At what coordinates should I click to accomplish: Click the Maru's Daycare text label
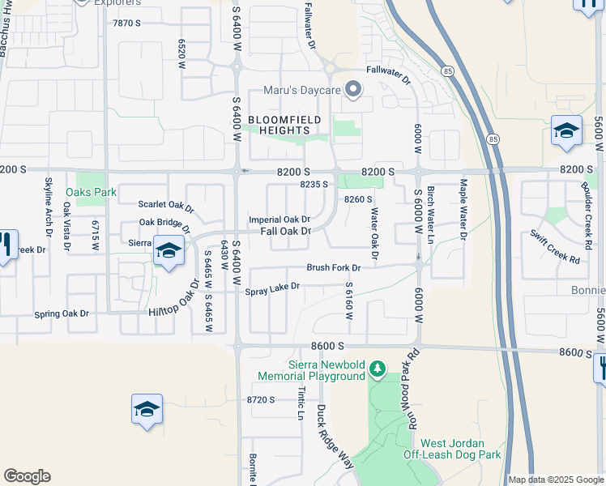click(x=301, y=90)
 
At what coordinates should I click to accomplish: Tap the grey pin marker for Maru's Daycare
click(x=352, y=89)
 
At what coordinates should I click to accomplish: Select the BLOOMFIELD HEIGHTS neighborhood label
click(x=284, y=125)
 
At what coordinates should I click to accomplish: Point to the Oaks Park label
click(x=92, y=193)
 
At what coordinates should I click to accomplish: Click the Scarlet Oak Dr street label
click(x=166, y=207)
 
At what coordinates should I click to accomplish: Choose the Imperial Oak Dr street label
click(x=280, y=220)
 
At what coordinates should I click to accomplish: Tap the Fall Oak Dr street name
click(x=286, y=232)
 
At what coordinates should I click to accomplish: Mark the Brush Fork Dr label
click(x=333, y=267)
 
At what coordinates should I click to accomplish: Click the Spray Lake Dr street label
click(x=272, y=286)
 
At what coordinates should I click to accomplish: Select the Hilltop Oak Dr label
click(x=173, y=303)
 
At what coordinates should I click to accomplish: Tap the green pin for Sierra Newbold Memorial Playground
click(x=377, y=369)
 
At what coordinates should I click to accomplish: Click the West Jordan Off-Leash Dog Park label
click(x=451, y=450)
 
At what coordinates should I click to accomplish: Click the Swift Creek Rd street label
click(x=556, y=249)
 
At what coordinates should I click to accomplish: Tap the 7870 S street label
click(x=127, y=23)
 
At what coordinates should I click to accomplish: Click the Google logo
click(x=27, y=476)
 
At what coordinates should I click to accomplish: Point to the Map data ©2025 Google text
click(x=556, y=480)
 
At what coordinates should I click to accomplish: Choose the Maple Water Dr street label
click(x=464, y=210)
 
